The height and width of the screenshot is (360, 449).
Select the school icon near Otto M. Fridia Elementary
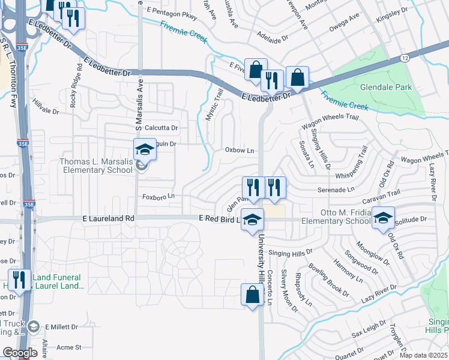382,218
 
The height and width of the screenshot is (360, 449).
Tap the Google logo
19,353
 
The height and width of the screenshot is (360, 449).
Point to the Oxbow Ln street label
239,150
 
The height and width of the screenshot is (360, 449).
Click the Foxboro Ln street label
158,196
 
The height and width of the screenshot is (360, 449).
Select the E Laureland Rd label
109,220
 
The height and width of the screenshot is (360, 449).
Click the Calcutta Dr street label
160,128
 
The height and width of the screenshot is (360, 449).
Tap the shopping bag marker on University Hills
252,295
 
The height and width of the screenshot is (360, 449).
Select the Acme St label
68,347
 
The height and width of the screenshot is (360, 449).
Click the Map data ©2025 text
424,355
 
